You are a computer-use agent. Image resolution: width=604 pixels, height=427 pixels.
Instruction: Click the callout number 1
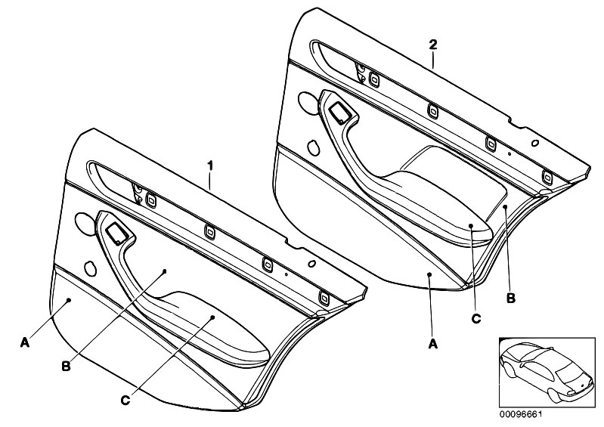point(211,163)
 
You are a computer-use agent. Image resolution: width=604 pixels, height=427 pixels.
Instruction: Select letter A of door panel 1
point(24,343)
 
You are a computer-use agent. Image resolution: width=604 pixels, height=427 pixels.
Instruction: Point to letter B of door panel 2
point(511,299)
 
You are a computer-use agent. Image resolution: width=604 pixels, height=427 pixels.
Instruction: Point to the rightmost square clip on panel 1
point(324,295)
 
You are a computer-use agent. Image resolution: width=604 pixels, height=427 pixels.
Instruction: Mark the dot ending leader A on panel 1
point(69,300)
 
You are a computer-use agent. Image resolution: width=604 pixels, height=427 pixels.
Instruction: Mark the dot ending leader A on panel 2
point(428,276)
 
